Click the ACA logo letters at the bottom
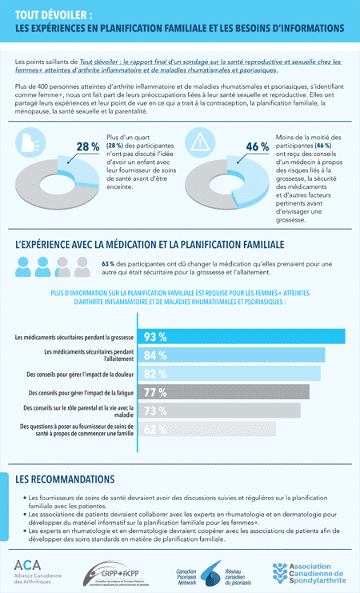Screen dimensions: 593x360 click(x=27, y=565)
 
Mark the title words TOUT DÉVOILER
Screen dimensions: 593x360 click(x=53, y=14)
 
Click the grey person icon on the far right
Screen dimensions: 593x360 click(x=81, y=266)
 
